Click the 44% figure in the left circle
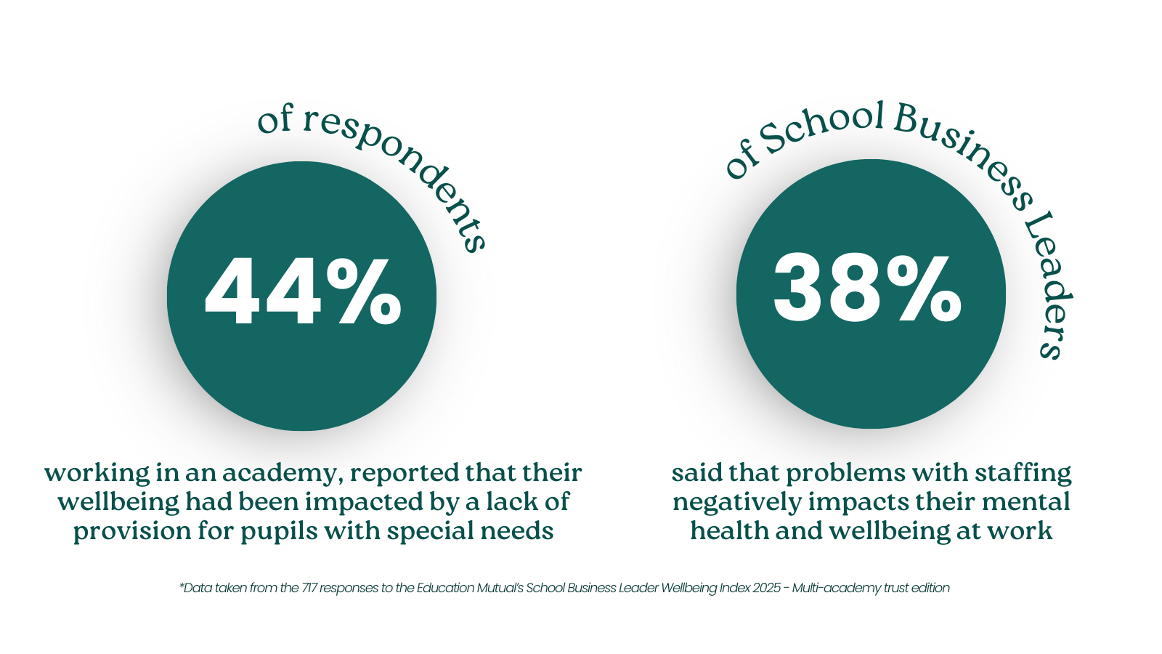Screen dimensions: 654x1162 click(x=302, y=292)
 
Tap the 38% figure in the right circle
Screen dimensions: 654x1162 click(x=869, y=289)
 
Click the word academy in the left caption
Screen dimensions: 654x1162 click(x=280, y=474)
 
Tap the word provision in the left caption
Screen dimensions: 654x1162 click(x=117, y=531)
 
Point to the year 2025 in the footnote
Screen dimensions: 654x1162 click(x=766, y=588)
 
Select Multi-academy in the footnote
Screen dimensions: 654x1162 click(x=829, y=588)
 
